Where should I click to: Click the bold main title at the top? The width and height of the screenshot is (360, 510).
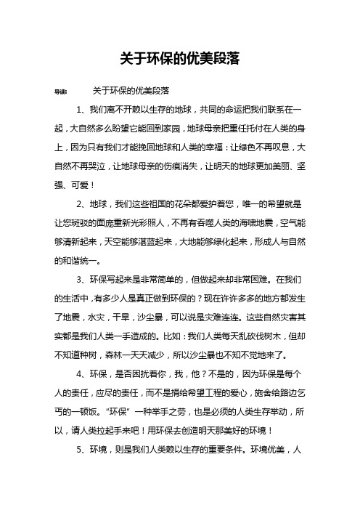(179, 56)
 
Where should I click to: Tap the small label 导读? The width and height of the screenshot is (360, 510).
(52, 92)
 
